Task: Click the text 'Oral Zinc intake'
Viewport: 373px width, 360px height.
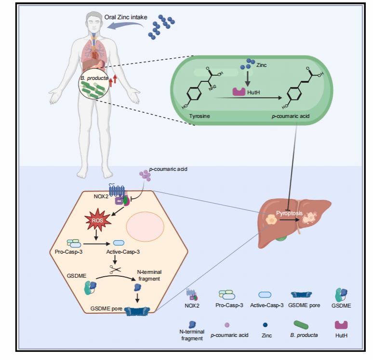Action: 126,17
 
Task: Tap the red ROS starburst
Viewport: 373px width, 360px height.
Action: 98,220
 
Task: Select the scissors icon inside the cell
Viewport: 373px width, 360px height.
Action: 115,269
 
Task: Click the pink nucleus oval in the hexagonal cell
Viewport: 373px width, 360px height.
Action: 145,227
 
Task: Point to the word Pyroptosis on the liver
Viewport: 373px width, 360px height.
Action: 289,213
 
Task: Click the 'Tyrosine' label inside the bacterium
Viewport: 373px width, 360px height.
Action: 200,116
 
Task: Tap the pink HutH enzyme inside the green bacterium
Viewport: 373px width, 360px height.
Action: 239,92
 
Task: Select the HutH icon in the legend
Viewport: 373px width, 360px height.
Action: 341,325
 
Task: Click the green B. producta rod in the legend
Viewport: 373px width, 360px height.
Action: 301,325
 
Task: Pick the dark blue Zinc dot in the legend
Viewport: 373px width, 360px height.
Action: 265,325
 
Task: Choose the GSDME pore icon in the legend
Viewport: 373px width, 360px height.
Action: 301,295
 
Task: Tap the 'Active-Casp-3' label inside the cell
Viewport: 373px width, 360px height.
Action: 123,252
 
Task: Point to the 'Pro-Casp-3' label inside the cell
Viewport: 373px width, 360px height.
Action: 69,252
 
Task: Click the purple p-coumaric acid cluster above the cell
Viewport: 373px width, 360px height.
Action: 145,175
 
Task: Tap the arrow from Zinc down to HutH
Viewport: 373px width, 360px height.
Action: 248,78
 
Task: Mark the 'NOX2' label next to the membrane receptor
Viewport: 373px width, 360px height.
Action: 101,196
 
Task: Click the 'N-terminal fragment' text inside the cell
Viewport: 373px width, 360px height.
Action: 149,275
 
